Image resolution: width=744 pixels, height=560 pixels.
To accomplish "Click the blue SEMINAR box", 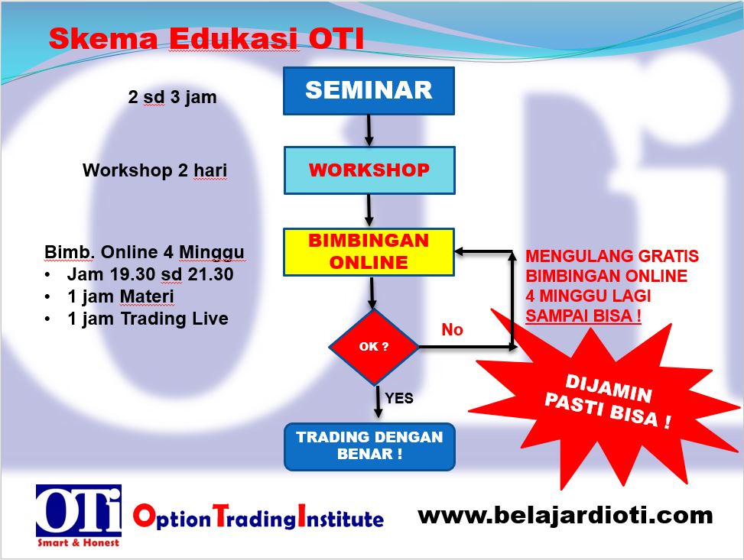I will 369,90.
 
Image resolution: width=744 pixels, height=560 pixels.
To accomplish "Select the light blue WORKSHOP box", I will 369,170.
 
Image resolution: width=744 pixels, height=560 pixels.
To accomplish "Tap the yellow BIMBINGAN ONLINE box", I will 369,251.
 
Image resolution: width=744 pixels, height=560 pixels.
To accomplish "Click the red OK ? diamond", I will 374,347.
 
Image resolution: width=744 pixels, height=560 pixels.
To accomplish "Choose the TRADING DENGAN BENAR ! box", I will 369,446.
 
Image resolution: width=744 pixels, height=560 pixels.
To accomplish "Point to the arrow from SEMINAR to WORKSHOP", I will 369,130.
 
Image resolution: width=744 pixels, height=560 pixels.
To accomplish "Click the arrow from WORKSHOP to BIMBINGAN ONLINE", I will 369,210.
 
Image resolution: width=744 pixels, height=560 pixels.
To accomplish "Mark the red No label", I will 453,330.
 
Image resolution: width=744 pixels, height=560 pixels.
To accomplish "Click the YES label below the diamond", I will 399,398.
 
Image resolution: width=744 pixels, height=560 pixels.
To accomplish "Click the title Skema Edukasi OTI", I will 206,39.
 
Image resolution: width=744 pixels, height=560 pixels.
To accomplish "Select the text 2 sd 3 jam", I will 172,98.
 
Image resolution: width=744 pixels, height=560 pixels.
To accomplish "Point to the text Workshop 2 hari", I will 154,170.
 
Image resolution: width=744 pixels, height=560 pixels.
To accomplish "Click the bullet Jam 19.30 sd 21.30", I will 150,274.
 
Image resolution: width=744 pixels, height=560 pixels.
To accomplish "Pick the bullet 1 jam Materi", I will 121,296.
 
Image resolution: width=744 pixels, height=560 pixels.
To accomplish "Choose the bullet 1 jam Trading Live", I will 148,319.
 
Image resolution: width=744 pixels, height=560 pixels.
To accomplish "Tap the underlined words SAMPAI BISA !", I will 583,316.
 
